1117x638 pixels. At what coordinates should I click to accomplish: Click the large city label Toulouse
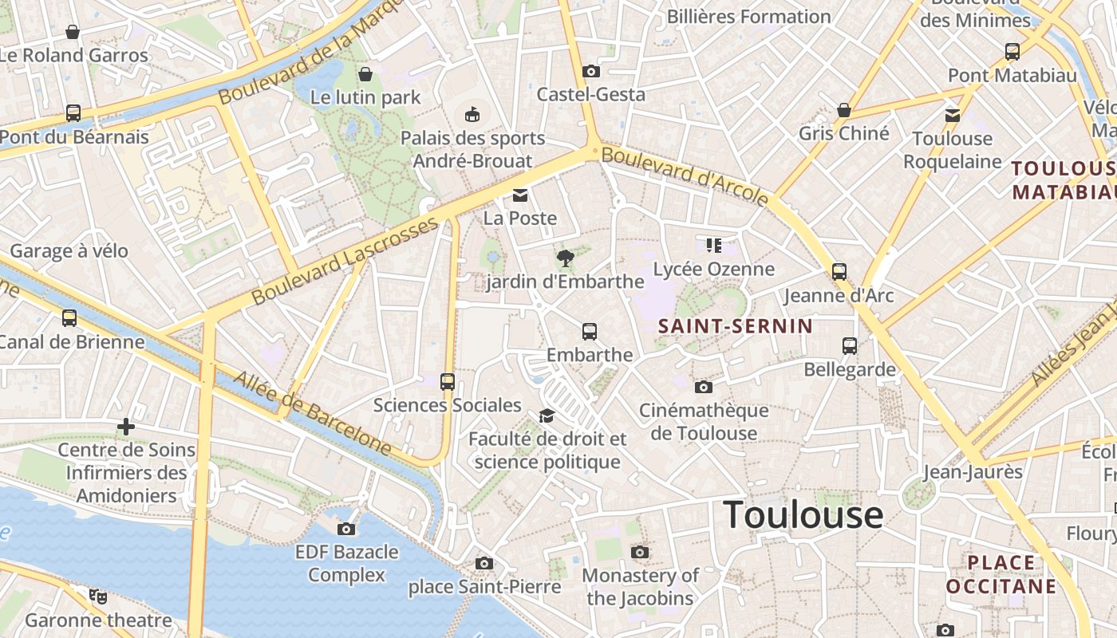click(x=803, y=515)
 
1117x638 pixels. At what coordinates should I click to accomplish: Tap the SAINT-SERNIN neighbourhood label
click(x=735, y=325)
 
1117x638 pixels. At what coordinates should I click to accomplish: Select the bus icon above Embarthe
click(x=590, y=331)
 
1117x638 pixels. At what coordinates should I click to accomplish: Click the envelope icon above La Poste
click(x=520, y=195)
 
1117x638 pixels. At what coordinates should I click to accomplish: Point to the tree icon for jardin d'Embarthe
click(x=566, y=258)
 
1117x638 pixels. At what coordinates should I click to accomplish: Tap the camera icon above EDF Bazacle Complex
click(x=346, y=529)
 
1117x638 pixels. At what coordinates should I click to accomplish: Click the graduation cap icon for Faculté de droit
click(x=547, y=415)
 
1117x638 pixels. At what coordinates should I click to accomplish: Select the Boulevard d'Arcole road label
click(x=685, y=175)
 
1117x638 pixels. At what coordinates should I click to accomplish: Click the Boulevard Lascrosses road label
click(x=345, y=260)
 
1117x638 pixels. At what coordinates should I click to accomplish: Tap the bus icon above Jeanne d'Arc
click(x=839, y=272)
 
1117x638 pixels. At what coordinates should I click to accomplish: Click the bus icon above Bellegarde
click(x=850, y=346)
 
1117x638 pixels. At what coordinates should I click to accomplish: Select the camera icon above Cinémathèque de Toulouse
click(x=703, y=388)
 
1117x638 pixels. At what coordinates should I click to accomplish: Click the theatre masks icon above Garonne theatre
click(x=98, y=596)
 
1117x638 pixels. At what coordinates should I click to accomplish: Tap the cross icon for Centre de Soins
click(x=126, y=427)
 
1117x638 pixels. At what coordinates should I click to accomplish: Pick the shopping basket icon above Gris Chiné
click(x=844, y=110)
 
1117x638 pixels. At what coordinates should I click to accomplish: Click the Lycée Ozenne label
click(x=713, y=269)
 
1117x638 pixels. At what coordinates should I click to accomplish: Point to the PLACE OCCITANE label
click(x=1001, y=575)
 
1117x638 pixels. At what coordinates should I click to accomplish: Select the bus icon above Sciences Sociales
click(x=448, y=382)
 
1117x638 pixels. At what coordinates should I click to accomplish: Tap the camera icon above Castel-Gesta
click(x=590, y=72)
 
